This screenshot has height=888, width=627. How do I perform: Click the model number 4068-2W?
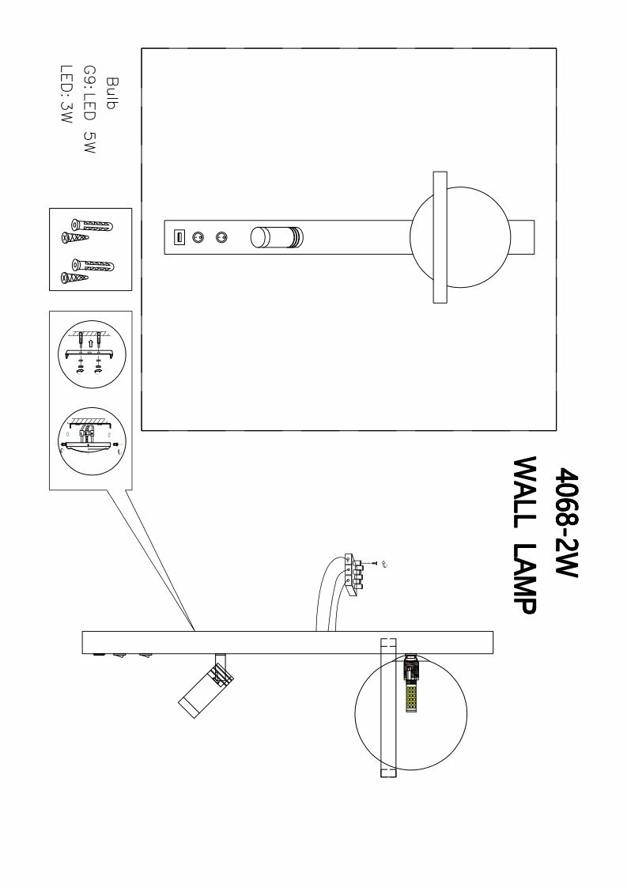click(x=568, y=523)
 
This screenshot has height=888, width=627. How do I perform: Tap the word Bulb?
click(x=111, y=93)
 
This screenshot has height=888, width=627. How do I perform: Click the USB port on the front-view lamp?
click(x=179, y=236)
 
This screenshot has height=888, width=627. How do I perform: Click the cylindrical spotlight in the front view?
click(x=277, y=237)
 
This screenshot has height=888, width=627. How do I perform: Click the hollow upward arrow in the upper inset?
click(x=91, y=344)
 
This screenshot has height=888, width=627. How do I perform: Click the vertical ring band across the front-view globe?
click(x=439, y=236)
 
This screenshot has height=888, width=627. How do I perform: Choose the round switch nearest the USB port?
click(x=199, y=236)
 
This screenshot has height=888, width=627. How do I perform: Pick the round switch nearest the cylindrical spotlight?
click(x=222, y=236)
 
